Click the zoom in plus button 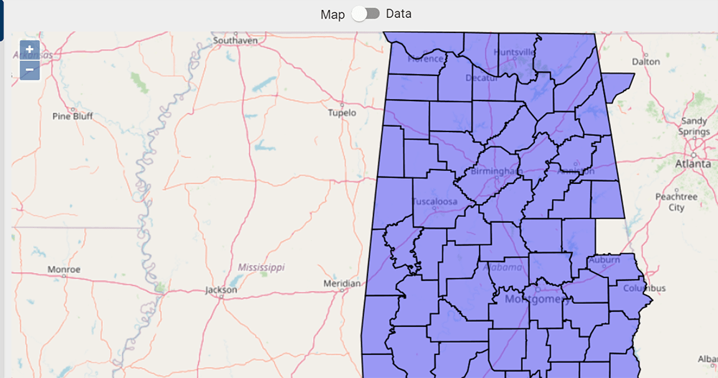point(29,50)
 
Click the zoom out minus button point(29,70)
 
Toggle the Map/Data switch point(365,14)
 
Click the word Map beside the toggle point(332,14)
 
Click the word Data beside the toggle point(399,14)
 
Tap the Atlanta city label point(693,164)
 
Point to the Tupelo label point(342,113)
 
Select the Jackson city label point(220,290)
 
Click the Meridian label point(342,284)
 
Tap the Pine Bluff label point(73,116)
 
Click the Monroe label point(64,269)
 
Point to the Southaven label point(235,41)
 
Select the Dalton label point(645,62)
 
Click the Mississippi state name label point(261,267)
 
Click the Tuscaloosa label point(435,202)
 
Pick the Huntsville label point(515,52)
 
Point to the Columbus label point(644,288)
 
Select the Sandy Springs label point(694,126)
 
